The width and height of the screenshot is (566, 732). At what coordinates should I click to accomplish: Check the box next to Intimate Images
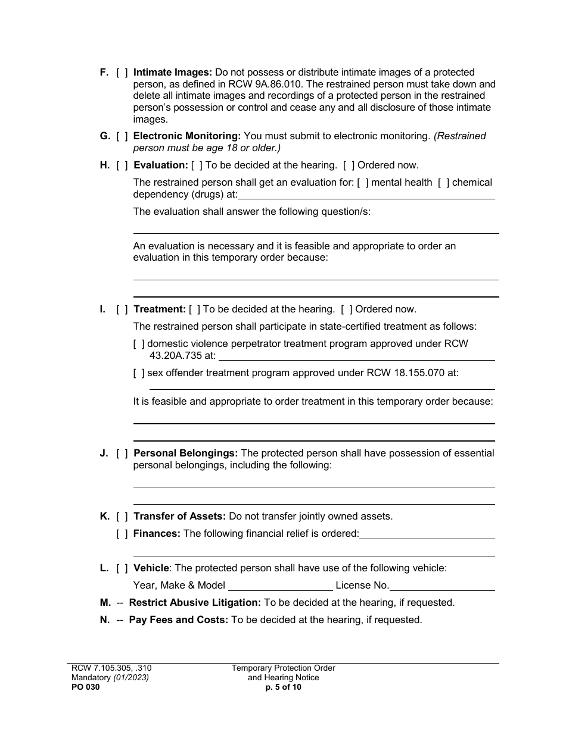coord(122,73)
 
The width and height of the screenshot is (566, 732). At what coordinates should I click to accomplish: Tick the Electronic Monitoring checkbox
coord(122,136)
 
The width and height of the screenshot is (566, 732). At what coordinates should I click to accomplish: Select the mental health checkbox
coord(362,183)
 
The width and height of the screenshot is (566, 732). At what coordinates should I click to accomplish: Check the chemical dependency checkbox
coord(443,183)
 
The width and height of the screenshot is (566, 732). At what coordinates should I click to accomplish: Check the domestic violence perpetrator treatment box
coord(139,344)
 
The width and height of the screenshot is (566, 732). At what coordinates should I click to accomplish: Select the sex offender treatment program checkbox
coord(139,373)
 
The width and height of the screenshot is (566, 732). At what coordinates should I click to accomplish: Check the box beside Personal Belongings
coord(122,453)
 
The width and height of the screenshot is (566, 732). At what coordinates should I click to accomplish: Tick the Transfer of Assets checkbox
coord(122,517)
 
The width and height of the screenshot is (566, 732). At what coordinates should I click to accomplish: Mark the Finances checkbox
coord(122,534)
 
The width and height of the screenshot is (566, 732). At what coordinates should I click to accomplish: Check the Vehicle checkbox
coord(122,568)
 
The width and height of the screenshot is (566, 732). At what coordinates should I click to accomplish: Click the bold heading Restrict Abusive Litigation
coord(195,603)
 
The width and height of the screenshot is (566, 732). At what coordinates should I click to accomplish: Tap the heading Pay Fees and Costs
coord(179,620)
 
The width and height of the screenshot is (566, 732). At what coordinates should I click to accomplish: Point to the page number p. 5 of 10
coord(284,687)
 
